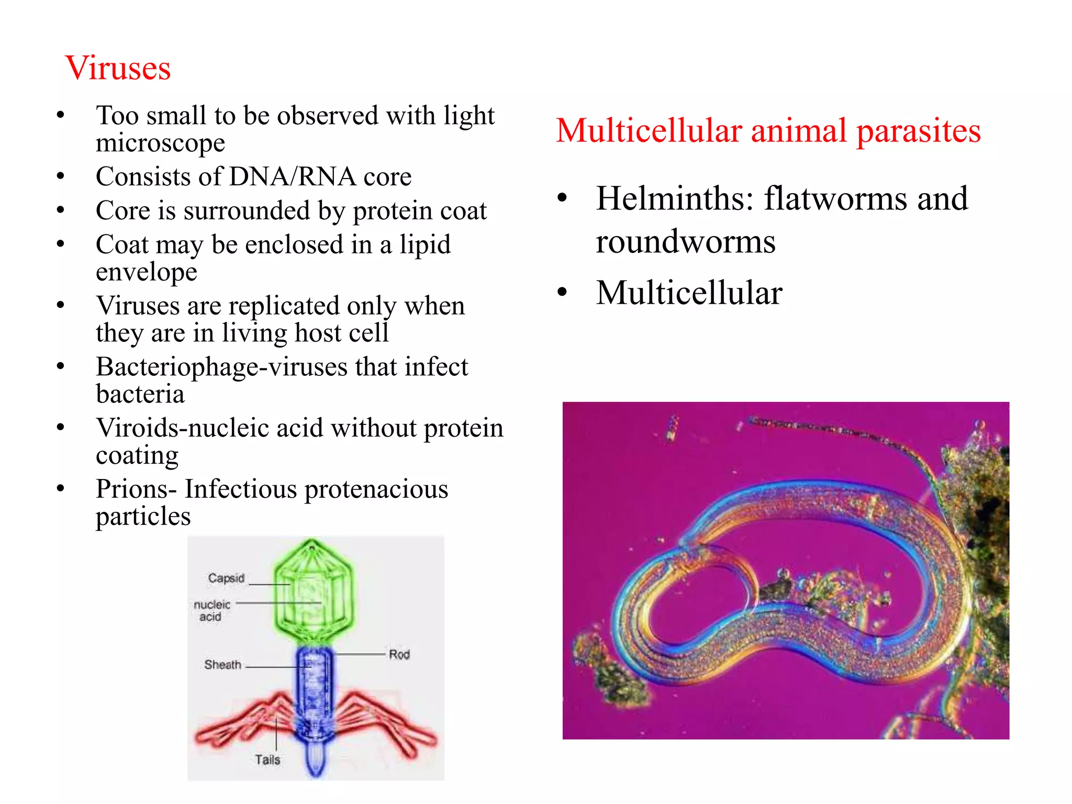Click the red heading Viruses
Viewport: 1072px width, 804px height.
[x=118, y=68]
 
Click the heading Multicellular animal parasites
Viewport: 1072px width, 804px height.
[x=768, y=131]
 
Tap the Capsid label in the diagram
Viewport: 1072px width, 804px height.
[x=226, y=578]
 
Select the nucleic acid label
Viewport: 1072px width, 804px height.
[x=211, y=611]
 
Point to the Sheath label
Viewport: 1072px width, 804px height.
[x=223, y=665]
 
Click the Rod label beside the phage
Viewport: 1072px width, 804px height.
[x=399, y=655]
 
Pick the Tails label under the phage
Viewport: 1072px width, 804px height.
[x=267, y=760]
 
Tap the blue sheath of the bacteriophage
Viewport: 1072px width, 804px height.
[x=314, y=686]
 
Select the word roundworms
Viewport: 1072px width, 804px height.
[x=686, y=242]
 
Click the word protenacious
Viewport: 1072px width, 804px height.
[x=376, y=489]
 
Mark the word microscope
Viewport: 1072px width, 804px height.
[x=160, y=143]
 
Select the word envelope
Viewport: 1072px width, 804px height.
[x=147, y=272]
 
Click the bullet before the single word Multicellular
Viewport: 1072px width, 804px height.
[x=562, y=292]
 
